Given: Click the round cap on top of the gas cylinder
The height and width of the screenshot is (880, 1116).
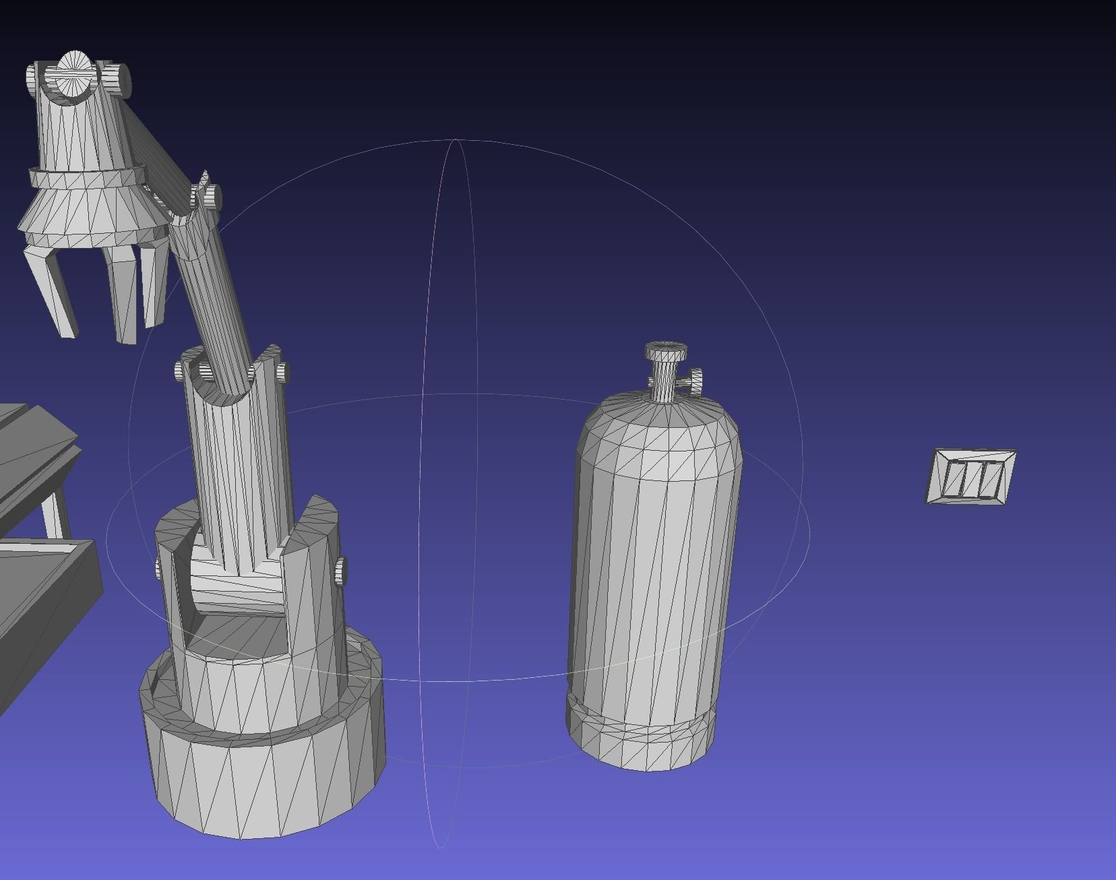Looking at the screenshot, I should click(666, 351).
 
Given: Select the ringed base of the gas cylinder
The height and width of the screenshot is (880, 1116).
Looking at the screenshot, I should click(640, 734).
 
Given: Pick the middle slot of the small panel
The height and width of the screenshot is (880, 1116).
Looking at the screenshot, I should click(971, 477).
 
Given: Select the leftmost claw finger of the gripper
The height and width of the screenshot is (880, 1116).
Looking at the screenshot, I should click(51, 290).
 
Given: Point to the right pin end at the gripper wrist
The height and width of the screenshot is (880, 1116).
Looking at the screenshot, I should click(121, 79).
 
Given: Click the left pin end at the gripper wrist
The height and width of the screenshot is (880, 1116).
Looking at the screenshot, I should click(33, 80).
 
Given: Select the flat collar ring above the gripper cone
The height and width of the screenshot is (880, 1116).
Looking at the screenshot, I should click(88, 178).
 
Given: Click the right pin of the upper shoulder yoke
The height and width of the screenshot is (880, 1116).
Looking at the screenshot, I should click(282, 372).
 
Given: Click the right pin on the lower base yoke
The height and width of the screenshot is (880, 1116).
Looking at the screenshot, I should click(340, 571).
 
